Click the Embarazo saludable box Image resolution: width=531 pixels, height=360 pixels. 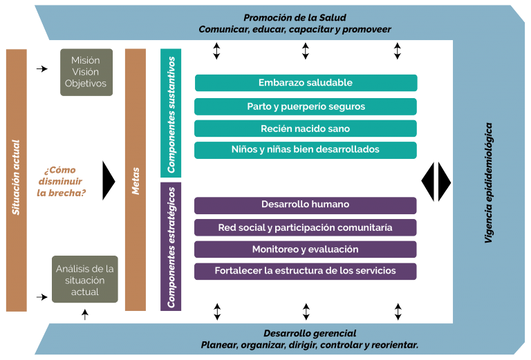[306, 83]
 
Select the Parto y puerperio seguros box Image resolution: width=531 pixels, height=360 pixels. [306, 106]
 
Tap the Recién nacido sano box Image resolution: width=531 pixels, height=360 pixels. [306, 129]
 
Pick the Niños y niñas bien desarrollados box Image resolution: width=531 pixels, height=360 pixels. [306, 149]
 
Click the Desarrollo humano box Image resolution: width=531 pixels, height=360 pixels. [306, 205]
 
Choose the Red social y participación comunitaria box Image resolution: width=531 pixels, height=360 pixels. [306, 227]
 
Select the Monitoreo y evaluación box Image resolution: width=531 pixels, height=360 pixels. [306, 249]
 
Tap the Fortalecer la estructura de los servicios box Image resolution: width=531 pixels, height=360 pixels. [306, 271]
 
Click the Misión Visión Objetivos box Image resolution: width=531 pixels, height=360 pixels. [86, 72]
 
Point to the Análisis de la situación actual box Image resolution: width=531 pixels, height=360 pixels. [86, 280]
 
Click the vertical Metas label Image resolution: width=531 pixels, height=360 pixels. [136, 180]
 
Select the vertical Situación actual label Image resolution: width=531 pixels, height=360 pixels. [16, 180]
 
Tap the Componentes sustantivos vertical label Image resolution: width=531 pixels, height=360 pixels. [171, 114]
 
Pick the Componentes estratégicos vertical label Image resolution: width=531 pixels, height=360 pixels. [171, 245]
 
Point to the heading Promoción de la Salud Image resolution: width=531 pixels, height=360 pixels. [295, 17]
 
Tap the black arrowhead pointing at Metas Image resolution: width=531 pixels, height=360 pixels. [108, 181]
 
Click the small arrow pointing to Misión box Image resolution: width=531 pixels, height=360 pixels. [42, 69]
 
